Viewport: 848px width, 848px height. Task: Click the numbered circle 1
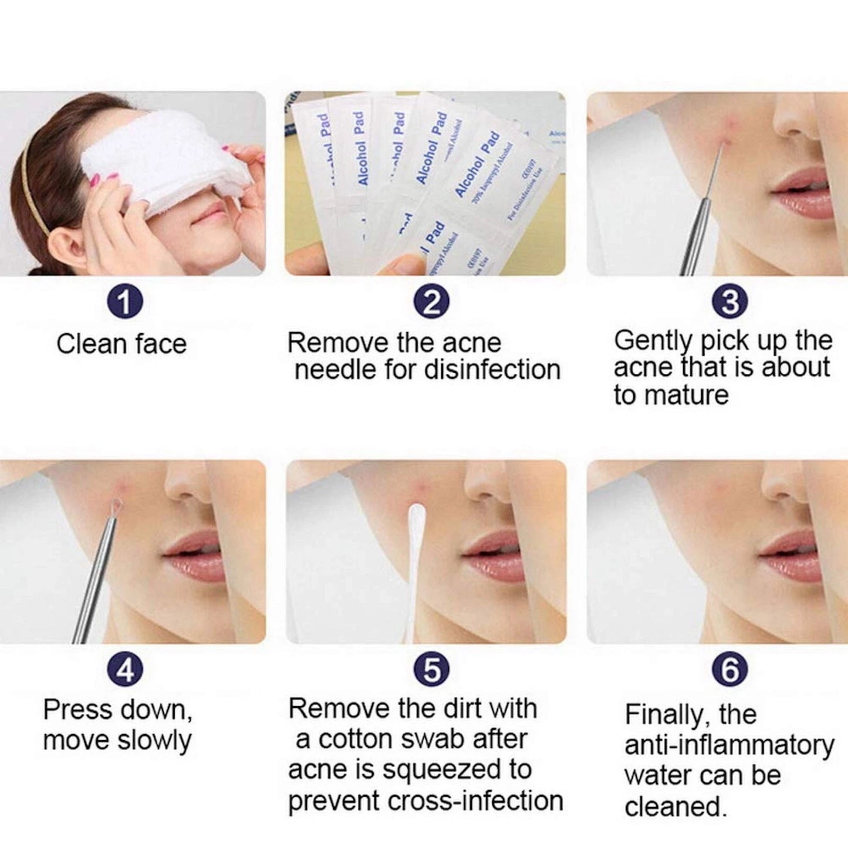(x=124, y=302)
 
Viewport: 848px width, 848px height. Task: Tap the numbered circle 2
(x=431, y=302)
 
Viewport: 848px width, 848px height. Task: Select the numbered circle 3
(x=729, y=302)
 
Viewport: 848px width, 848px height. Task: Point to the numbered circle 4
(x=124, y=670)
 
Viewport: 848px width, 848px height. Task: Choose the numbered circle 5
(x=431, y=670)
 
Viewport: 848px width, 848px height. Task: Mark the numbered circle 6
(x=729, y=670)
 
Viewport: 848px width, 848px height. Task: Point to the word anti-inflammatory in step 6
(x=729, y=745)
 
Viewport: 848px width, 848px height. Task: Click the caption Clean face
(x=121, y=344)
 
